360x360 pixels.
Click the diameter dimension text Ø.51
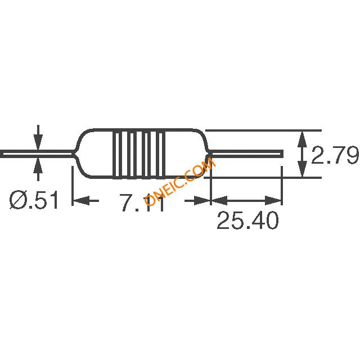click(34, 200)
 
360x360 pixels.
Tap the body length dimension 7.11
click(142, 202)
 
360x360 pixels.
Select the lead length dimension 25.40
click(247, 220)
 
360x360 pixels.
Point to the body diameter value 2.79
click(335, 155)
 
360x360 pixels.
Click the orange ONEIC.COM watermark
click(180, 181)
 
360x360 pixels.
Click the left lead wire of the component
click(37, 154)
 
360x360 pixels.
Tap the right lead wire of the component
click(246, 154)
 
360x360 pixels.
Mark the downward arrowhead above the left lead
click(38, 142)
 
